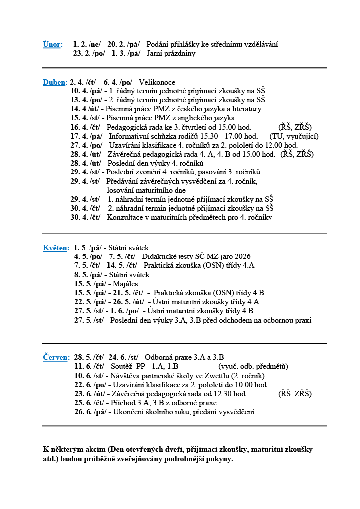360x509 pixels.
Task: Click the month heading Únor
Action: pyautogui.click(x=52, y=45)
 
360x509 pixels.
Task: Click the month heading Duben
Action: pyautogui.click(x=55, y=82)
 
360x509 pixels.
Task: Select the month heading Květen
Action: pyautogui.click(x=56, y=248)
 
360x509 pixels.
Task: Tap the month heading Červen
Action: pyautogui.click(x=56, y=357)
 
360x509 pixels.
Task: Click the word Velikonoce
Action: pyautogui.click(x=157, y=82)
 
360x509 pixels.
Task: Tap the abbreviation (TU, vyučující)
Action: pyautogui.click(x=294, y=136)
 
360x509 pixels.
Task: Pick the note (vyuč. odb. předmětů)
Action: pyautogui.click(x=253, y=367)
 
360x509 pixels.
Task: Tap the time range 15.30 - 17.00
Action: pyautogui.click(x=225, y=136)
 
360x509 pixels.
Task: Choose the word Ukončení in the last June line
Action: pyautogui.click(x=129, y=412)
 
